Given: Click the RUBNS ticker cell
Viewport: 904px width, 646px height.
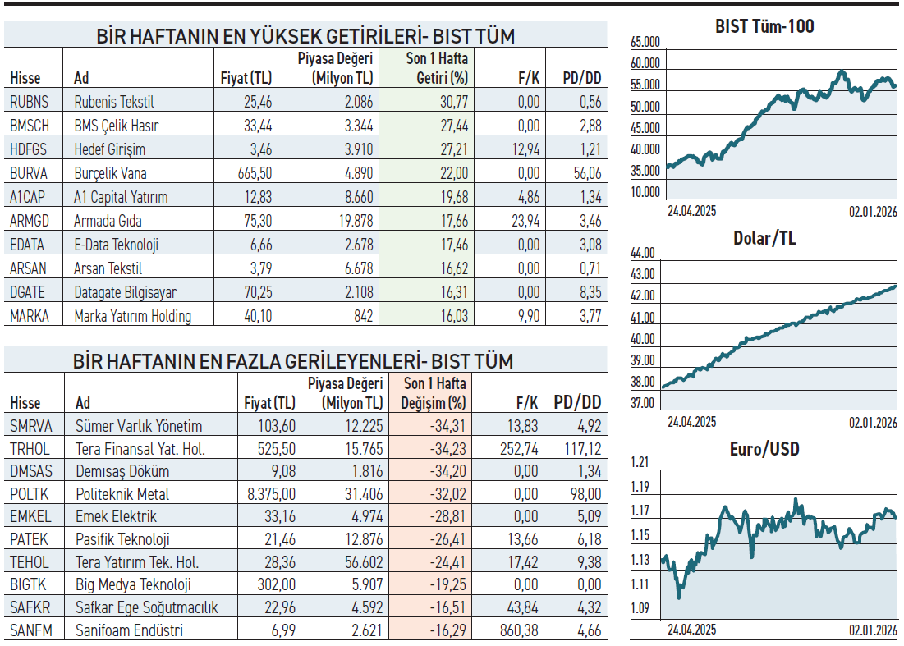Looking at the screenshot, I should click(x=30, y=102).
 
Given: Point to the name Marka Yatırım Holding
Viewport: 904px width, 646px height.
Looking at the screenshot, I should click(x=132, y=316).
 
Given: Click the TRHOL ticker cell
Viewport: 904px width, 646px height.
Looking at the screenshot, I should click(x=30, y=449).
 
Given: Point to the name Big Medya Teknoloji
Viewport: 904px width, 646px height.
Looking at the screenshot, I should click(x=133, y=585).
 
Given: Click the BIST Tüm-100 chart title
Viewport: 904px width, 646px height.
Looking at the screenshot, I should click(x=764, y=26).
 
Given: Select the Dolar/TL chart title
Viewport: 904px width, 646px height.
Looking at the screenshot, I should click(x=764, y=239).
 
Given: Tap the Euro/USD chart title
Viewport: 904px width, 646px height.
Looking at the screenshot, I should click(x=764, y=450).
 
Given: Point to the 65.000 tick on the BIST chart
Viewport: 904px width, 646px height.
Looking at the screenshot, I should click(x=645, y=42).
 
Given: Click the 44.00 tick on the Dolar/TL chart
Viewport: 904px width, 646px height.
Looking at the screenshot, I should click(x=643, y=253).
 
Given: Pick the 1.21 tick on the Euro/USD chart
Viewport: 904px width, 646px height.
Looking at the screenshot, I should click(x=640, y=462).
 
